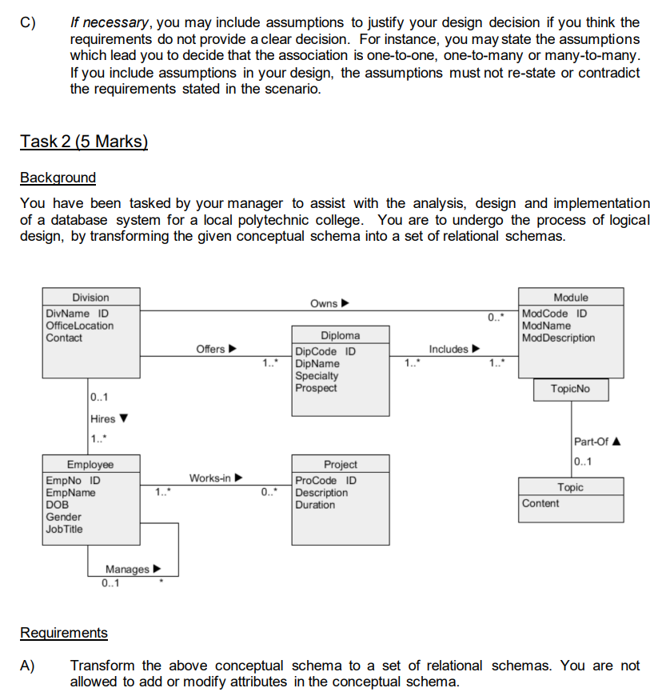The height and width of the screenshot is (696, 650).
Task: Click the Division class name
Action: (x=90, y=298)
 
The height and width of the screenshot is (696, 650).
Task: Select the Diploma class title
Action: (x=340, y=336)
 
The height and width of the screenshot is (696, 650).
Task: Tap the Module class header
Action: (x=571, y=298)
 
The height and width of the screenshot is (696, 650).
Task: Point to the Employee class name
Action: (x=90, y=464)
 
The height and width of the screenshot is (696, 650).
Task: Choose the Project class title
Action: (x=340, y=464)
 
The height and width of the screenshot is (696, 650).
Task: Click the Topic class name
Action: (x=570, y=487)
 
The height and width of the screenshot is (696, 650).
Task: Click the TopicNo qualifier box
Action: (x=570, y=389)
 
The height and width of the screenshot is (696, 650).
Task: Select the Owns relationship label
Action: (x=324, y=303)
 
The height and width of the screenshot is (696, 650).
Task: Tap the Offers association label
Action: (x=211, y=349)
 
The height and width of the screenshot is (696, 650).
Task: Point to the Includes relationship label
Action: (x=448, y=349)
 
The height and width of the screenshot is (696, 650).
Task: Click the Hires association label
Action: (x=103, y=418)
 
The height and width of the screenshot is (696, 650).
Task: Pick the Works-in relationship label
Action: (x=209, y=478)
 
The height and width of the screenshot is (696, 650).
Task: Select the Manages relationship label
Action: (x=127, y=569)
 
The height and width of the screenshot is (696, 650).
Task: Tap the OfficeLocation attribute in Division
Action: (x=80, y=326)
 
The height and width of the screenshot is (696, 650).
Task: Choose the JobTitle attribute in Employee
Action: (x=65, y=529)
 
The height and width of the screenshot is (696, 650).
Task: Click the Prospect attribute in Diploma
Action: (x=316, y=388)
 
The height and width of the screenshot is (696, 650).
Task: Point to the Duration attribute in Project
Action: (x=316, y=505)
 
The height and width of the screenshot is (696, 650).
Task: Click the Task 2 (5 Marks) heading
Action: (x=84, y=142)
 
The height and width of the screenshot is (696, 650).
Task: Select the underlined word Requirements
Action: (x=63, y=633)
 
